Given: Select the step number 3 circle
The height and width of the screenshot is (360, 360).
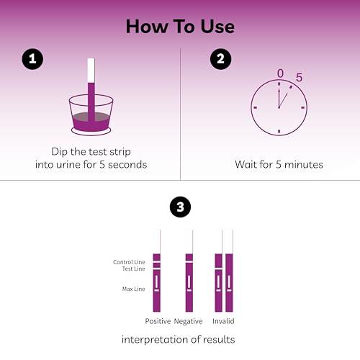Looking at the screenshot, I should click(x=180, y=209).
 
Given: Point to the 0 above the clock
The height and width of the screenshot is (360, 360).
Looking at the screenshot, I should click(x=280, y=73).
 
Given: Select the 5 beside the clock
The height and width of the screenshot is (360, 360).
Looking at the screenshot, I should click(x=299, y=77).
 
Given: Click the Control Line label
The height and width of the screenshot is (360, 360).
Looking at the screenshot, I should click(x=129, y=262).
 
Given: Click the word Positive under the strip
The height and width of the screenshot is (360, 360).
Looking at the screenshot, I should click(x=158, y=321).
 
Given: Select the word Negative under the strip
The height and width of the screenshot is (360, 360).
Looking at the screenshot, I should click(x=189, y=321).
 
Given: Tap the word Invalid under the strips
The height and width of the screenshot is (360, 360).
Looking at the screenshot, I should click(x=223, y=321).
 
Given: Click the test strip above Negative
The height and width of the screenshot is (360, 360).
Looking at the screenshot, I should click(x=189, y=281).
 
